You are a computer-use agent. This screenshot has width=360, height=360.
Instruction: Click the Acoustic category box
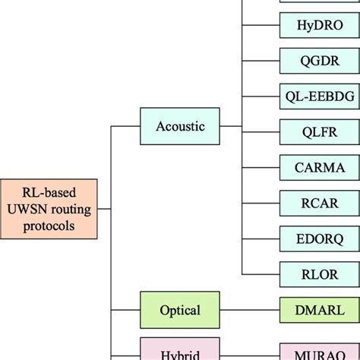[x=180, y=126]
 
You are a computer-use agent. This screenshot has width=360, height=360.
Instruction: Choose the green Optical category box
[x=180, y=310]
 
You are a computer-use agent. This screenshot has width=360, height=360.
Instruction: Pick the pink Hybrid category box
[x=180, y=352]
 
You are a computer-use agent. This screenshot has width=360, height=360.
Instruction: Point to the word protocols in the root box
[x=49, y=226]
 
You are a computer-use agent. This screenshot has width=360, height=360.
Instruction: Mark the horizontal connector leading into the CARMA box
[x=261, y=167]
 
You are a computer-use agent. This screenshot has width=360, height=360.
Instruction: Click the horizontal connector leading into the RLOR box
[x=261, y=274]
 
